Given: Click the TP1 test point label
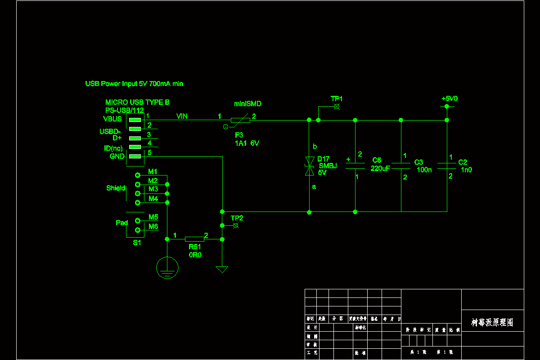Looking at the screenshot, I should [337, 99].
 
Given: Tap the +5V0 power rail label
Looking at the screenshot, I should [449, 99].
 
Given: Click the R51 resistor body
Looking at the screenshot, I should [194, 239].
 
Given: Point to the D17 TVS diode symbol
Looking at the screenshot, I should [309, 165].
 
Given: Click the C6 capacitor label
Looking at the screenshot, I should [377, 160].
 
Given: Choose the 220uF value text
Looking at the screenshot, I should [380, 169].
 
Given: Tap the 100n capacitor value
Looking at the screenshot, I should [424, 170].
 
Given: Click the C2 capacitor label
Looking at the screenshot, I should [463, 162].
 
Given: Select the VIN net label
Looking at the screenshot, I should [182, 117].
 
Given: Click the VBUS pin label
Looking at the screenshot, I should [112, 119].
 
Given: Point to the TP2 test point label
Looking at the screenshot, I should [237, 218].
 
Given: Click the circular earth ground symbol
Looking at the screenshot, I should [167, 268].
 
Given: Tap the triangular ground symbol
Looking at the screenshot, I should [222, 270].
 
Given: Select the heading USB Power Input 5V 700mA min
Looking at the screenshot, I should [134, 84].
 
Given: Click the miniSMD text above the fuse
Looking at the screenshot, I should [247, 104].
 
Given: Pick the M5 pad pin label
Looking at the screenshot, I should [153, 217].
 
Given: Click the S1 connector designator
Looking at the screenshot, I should [137, 243].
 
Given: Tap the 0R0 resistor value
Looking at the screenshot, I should [195, 255].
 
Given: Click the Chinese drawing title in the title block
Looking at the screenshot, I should [492, 323].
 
